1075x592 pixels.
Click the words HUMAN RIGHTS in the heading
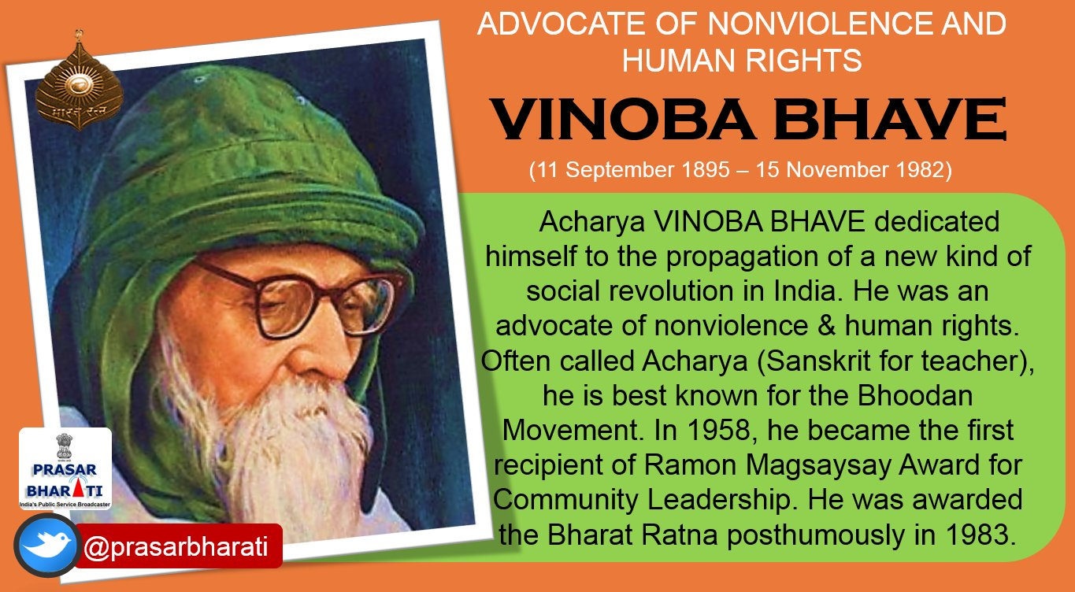(x=742, y=60)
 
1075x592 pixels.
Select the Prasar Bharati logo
(x=65, y=469)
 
